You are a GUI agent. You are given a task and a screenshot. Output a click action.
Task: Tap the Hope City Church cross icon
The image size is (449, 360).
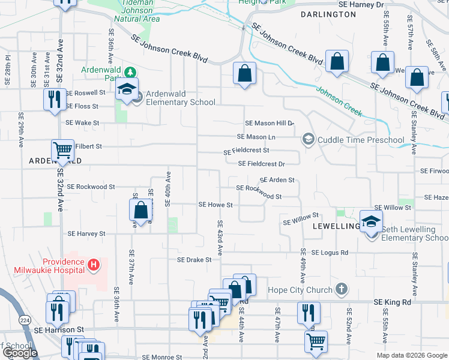[x=341, y=290]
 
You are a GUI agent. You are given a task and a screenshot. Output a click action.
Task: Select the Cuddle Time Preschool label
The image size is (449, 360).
[x=361, y=140]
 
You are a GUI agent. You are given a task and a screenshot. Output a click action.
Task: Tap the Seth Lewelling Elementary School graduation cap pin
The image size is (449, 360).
[x=371, y=221]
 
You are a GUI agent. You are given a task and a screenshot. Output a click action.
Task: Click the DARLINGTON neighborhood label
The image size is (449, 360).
[x=328, y=14]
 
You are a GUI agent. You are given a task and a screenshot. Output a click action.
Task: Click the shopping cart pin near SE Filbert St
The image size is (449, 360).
[x=62, y=151]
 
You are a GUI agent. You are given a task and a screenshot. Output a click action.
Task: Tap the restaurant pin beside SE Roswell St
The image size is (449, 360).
[x=55, y=99]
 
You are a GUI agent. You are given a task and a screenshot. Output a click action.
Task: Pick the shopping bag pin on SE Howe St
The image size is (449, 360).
[x=140, y=210]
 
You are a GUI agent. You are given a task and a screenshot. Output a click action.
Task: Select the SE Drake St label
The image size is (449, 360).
[x=194, y=260]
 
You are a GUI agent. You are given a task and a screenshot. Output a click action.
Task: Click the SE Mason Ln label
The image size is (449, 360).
[x=264, y=137]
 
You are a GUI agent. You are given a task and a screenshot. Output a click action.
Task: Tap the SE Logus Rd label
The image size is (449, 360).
[x=330, y=253]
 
